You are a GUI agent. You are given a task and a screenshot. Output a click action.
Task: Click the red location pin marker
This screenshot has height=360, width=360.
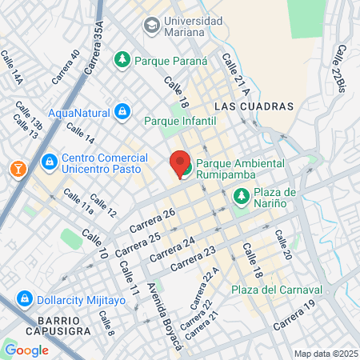pyautogui.click(x=180, y=162)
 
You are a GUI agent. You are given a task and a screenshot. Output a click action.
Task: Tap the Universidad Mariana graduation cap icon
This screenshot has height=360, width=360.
pyautogui.click(x=150, y=26)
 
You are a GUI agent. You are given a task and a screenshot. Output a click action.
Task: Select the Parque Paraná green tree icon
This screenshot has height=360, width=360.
pyautogui.click(x=122, y=59)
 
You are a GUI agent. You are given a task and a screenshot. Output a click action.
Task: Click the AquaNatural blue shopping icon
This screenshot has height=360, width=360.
pyautogui.click(x=122, y=111)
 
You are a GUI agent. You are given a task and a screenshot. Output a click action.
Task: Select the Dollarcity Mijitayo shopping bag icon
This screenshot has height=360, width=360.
pyautogui.click(x=25, y=299)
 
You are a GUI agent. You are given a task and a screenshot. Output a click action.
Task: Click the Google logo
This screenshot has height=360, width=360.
pyautogui.click(x=26, y=350)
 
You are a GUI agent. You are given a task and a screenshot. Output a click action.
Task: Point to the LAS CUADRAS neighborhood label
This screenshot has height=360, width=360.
pyautogui.click(x=254, y=106)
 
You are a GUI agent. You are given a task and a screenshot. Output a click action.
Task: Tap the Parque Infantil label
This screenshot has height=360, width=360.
pyautogui.click(x=180, y=121)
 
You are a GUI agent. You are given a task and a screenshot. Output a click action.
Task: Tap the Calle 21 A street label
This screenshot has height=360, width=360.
pyautogui.click(x=231, y=71)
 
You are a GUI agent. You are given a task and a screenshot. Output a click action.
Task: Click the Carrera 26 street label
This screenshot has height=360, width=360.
pyautogui.click(x=152, y=222)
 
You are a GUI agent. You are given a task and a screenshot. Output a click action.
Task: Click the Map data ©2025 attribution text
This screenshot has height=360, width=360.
pyautogui.click(x=325, y=354)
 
